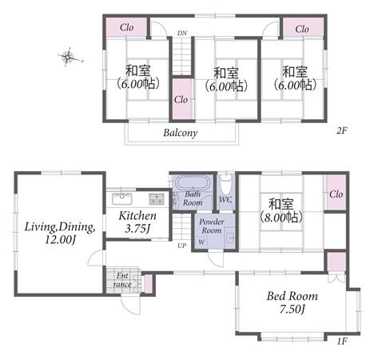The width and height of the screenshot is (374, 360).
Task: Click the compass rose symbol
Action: (x=69, y=57)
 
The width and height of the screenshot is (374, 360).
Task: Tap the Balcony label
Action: (x=181, y=133)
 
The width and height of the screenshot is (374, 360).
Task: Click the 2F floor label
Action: (x=342, y=130)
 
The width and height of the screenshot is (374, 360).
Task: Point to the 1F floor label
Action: (x=342, y=341)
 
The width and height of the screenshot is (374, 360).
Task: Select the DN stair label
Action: (x=182, y=34)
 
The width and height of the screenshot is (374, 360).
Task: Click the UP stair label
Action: (x=182, y=246)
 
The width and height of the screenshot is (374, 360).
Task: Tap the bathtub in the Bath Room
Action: (x=193, y=182)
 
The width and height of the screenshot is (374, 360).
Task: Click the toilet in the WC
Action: (x=225, y=184)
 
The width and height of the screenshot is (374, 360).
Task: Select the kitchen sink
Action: (x=122, y=198)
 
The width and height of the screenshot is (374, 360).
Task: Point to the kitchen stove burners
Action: (x=157, y=198)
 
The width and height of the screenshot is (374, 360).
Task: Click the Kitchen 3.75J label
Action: (x=137, y=222)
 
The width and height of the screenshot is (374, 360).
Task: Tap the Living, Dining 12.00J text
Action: (x=60, y=233)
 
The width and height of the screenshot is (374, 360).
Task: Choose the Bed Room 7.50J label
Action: (x=292, y=302)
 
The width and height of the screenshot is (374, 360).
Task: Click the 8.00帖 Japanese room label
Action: (x=281, y=211)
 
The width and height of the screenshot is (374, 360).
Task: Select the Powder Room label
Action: (x=212, y=226)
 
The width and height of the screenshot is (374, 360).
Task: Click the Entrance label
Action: (x=122, y=280)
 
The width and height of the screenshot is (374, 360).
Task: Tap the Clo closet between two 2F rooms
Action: (x=181, y=100)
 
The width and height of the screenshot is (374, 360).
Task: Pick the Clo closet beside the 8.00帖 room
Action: (x=336, y=194)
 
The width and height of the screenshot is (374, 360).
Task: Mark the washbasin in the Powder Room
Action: (x=230, y=238)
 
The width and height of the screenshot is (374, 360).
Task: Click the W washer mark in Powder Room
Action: (x=201, y=242)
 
